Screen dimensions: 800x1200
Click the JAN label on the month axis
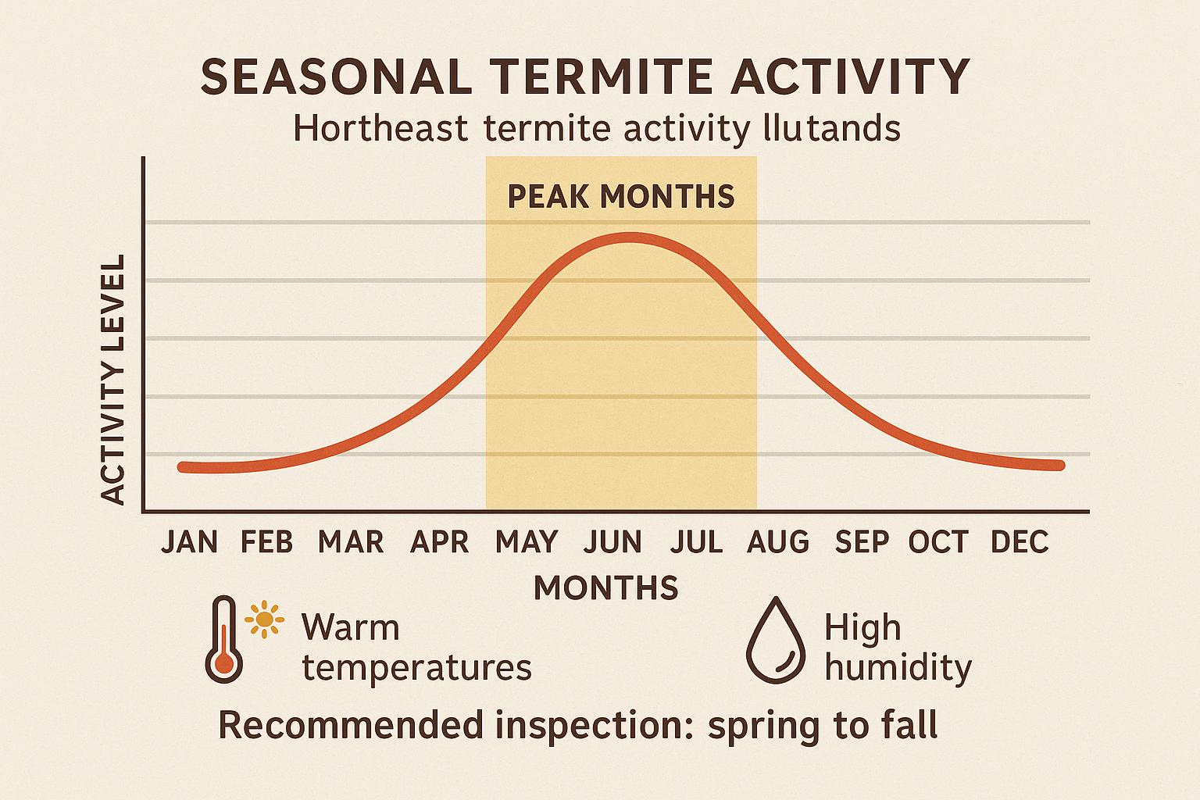pos(189,541)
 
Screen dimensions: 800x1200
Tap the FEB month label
pos(266,541)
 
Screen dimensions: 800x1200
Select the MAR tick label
pos(351,541)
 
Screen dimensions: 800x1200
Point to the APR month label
pos(439,541)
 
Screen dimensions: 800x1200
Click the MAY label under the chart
pos(527,541)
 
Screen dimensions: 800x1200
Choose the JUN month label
pos(612,541)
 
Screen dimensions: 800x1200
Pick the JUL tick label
pos(696,541)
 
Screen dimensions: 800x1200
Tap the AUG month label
pos(778,541)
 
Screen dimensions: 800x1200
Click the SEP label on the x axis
pos(862,541)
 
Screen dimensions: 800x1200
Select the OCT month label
pos(938,541)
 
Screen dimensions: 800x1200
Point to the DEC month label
pos(1020,541)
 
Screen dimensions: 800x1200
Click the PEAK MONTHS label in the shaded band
pos(621,196)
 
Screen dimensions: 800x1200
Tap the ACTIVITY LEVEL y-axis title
pos(114,380)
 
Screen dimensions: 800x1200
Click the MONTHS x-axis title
pos(606,587)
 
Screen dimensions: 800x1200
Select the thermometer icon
pos(223,641)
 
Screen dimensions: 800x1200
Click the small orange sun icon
pos(264,620)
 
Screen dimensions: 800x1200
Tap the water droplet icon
pos(775,641)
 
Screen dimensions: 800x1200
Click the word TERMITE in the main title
pos(602,77)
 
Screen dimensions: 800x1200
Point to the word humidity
pos(898,668)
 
